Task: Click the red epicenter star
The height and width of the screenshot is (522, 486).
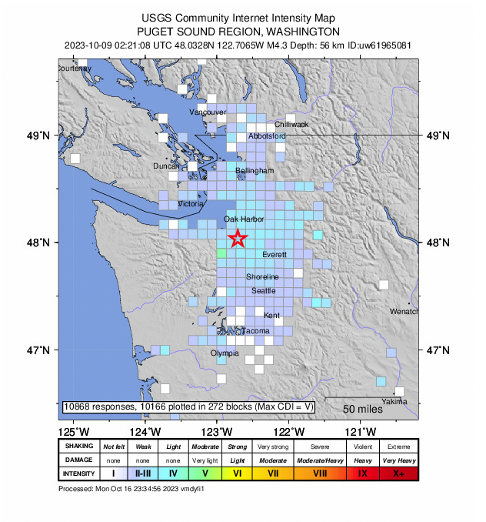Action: click(x=238, y=239)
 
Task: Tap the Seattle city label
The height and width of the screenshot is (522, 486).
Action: click(x=263, y=291)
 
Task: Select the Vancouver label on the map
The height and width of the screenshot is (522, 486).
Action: click(x=208, y=112)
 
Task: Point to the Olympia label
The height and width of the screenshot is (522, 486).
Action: click(x=225, y=353)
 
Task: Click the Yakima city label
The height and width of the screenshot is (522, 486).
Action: click(x=394, y=402)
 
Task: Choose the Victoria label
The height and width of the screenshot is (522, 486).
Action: click(x=191, y=205)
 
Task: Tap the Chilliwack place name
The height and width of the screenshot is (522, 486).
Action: click(x=291, y=124)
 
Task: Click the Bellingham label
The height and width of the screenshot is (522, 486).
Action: click(x=255, y=170)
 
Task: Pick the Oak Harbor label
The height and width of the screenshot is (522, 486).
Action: click(x=244, y=219)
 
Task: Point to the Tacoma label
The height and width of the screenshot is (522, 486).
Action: click(x=256, y=331)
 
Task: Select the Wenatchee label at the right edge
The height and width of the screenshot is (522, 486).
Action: click(x=404, y=312)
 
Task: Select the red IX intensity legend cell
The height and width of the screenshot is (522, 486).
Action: click(x=361, y=473)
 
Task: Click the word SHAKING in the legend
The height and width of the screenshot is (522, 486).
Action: click(x=79, y=447)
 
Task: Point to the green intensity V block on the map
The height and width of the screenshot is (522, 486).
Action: click(x=221, y=253)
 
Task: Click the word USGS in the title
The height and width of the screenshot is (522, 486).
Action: click(x=156, y=18)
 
